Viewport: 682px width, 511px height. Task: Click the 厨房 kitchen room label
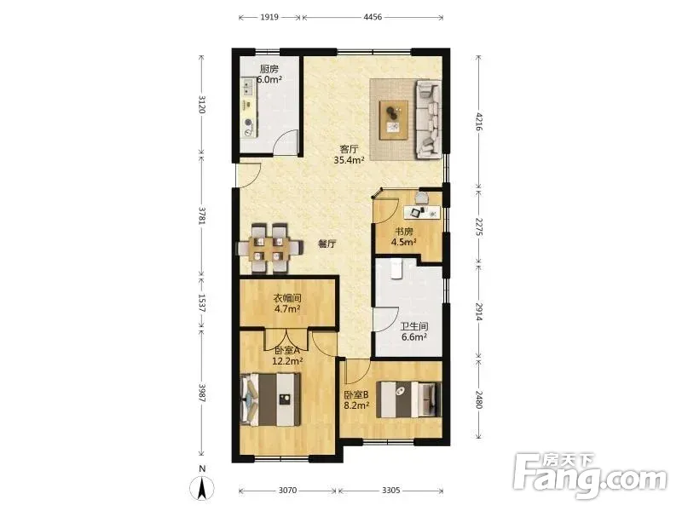point(269,69)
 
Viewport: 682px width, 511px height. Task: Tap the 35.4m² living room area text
point(349,160)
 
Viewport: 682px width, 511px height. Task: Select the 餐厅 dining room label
point(327,244)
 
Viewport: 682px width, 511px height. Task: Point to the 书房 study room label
point(403,232)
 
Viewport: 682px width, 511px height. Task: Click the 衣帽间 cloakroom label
point(287,299)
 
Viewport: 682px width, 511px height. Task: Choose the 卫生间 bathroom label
point(414,326)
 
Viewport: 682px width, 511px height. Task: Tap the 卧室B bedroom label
point(356,395)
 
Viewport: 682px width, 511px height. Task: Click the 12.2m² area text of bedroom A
point(287,360)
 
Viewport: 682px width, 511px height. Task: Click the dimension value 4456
point(373,17)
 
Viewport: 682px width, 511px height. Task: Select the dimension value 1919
point(269,17)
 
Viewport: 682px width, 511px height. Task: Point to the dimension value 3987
point(201,393)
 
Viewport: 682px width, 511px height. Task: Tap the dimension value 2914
point(479,312)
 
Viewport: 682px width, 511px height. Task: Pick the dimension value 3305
point(391,491)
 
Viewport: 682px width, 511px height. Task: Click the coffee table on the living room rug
point(394,120)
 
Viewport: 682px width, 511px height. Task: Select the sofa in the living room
point(429,118)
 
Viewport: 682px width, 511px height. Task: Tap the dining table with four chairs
point(269,249)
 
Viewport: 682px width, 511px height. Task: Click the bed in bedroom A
point(270,399)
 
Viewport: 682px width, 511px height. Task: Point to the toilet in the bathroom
point(396,269)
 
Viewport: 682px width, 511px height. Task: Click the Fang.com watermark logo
point(590,476)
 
